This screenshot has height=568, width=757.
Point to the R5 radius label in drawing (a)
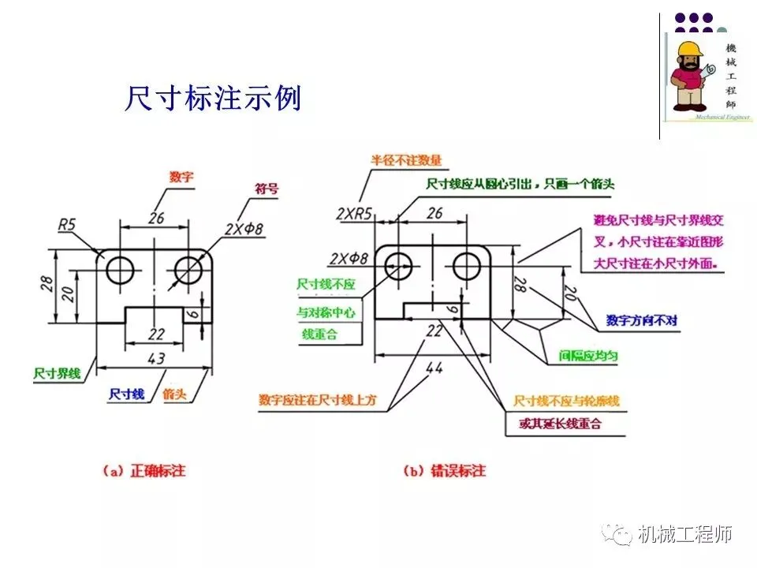[68, 225]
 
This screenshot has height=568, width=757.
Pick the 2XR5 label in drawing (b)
[354, 213]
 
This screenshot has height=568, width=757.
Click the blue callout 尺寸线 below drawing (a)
[126, 393]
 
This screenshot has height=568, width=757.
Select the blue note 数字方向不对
[642, 321]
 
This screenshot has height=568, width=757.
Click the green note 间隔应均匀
[589, 356]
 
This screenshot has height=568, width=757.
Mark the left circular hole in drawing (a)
[121, 268]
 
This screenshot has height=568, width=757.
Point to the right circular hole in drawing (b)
[468, 263]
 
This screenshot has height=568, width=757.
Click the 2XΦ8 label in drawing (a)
[243, 229]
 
